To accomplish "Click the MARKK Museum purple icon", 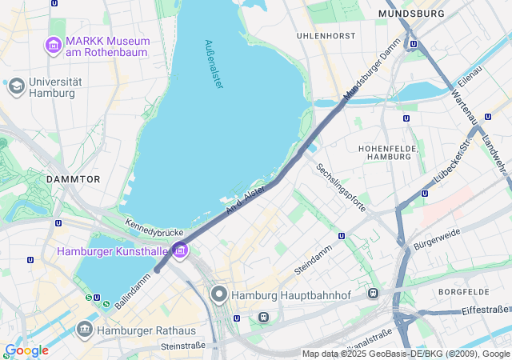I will [x=54, y=46].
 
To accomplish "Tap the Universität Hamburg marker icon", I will [x=16, y=86].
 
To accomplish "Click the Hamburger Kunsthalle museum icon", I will [x=180, y=251].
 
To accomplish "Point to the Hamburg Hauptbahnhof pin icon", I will [x=220, y=295].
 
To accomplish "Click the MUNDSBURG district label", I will [x=411, y=14].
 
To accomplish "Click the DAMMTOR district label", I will [x=74, y=179].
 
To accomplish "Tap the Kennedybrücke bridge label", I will [x=154, y=226].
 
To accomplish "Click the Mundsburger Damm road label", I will [x=371, y=70].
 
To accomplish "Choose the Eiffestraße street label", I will [x=485, y=309].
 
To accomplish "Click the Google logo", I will [x=26, y=350].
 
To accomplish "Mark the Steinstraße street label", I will [x=183, y=346].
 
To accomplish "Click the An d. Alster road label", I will [x=245, y=200].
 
